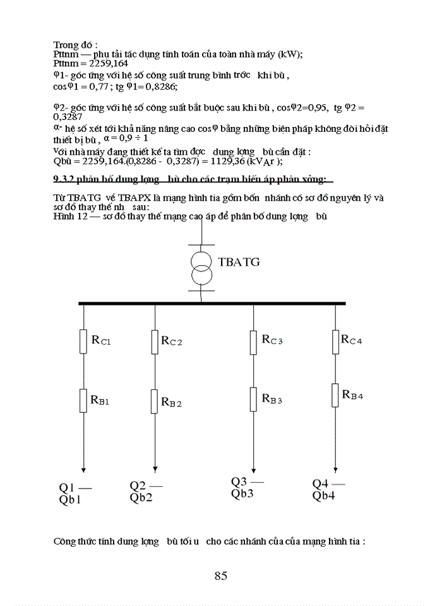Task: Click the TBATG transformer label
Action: (x=239, y=262)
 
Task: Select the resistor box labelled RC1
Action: (x=83, y=341)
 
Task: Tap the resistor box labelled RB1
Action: (x=83, y=400)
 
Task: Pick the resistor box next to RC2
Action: (x=155, y=342)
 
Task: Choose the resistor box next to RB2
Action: (x=155, y=400)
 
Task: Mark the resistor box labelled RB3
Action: (x=254, y=398)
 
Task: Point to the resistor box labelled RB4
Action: (x=335, y=395)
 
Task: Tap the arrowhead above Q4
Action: (x=335, y=468)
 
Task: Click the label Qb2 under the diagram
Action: (x=142, y=497)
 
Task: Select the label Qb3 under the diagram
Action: (x=243, y=494)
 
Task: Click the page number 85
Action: (x=220, y=575)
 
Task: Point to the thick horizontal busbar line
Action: (x=212, y=304)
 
